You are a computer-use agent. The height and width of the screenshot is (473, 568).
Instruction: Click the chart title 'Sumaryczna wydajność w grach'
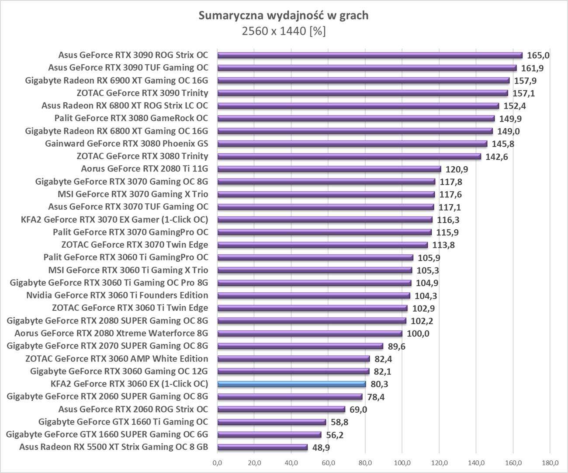[284, 16]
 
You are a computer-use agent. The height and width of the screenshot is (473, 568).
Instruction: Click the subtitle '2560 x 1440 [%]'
[284, 32]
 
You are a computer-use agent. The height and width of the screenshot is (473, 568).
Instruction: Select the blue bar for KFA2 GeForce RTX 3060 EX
[291, 384]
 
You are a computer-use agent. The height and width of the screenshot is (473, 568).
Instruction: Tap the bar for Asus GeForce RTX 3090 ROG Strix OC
[370, 55]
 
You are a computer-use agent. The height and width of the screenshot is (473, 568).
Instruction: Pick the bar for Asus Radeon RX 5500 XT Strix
[262, 447]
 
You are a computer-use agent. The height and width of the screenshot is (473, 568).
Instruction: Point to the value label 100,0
[418, 334]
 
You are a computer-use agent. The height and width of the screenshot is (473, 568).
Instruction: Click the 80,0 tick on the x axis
[365, 462]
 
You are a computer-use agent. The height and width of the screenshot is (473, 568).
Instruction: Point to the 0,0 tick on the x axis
[217, 462]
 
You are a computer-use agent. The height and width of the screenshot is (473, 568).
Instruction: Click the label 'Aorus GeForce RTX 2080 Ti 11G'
[145, 169]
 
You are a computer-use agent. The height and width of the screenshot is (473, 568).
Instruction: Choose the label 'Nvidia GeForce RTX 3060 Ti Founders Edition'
[117, 295]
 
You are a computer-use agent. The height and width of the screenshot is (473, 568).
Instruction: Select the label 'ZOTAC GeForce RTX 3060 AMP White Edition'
[117, 359]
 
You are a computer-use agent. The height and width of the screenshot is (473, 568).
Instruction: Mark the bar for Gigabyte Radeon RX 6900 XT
[363, 81]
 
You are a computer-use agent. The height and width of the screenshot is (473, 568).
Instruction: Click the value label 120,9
[456, 169]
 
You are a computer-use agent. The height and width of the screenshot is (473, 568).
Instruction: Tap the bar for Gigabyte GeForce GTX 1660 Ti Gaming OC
[271, 422]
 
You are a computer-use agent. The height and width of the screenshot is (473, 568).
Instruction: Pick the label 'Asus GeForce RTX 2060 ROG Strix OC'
[133, 409]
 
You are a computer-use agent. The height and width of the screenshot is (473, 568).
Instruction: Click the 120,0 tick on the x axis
[439, 462]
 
